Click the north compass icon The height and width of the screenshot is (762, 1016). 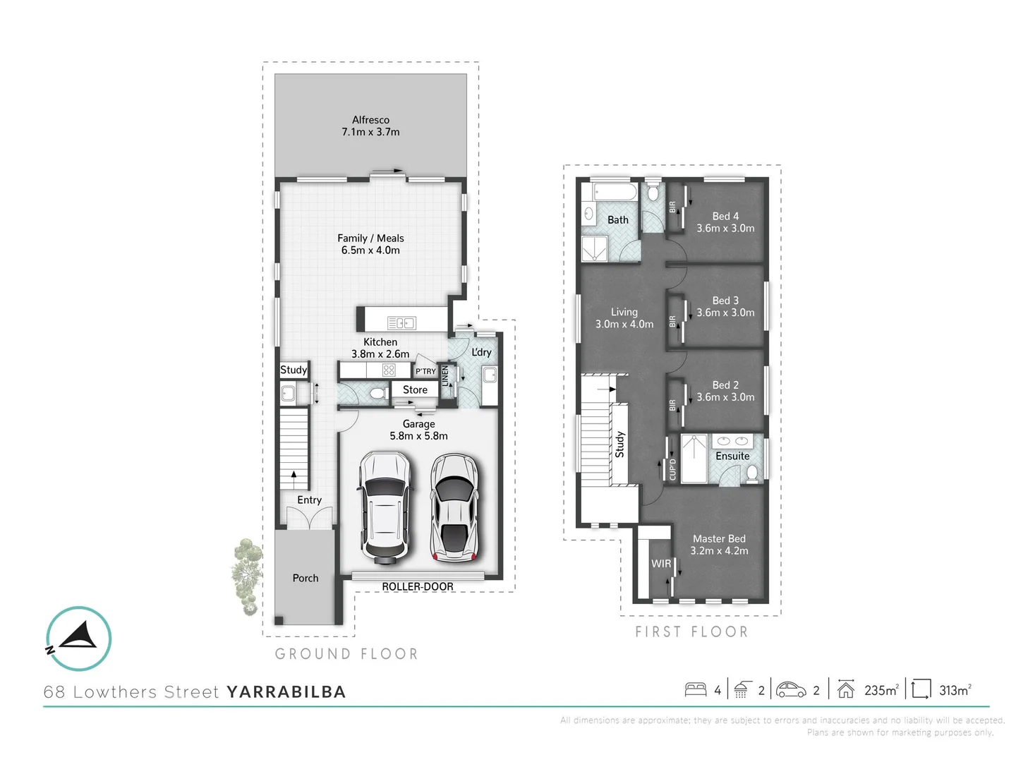78,639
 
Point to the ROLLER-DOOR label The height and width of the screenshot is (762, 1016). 418,587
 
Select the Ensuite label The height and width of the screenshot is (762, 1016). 732,456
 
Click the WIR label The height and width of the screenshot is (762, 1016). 661,564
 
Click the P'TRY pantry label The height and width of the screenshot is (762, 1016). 425,371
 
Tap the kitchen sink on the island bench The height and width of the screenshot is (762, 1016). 401,323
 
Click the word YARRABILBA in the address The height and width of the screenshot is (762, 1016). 286,692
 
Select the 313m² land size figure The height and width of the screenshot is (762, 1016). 955,691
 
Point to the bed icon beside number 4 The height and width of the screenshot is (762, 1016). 696,689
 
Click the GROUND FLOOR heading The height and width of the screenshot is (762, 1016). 346,654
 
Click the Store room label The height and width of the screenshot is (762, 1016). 415,390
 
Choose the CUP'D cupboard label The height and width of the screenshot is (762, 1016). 672,469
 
